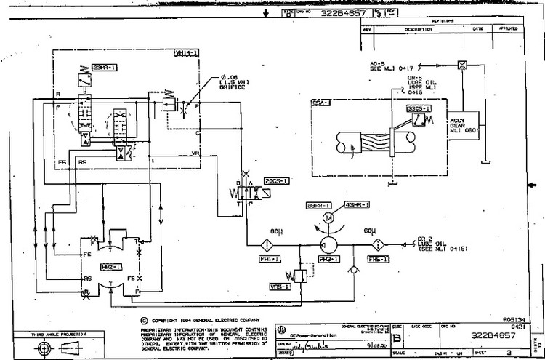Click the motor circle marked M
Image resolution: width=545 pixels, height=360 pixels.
[x=328, y=217]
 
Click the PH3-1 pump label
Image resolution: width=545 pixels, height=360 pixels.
[x=328, y=259]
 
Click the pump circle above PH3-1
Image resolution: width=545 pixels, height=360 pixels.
[x=328, y=243]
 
